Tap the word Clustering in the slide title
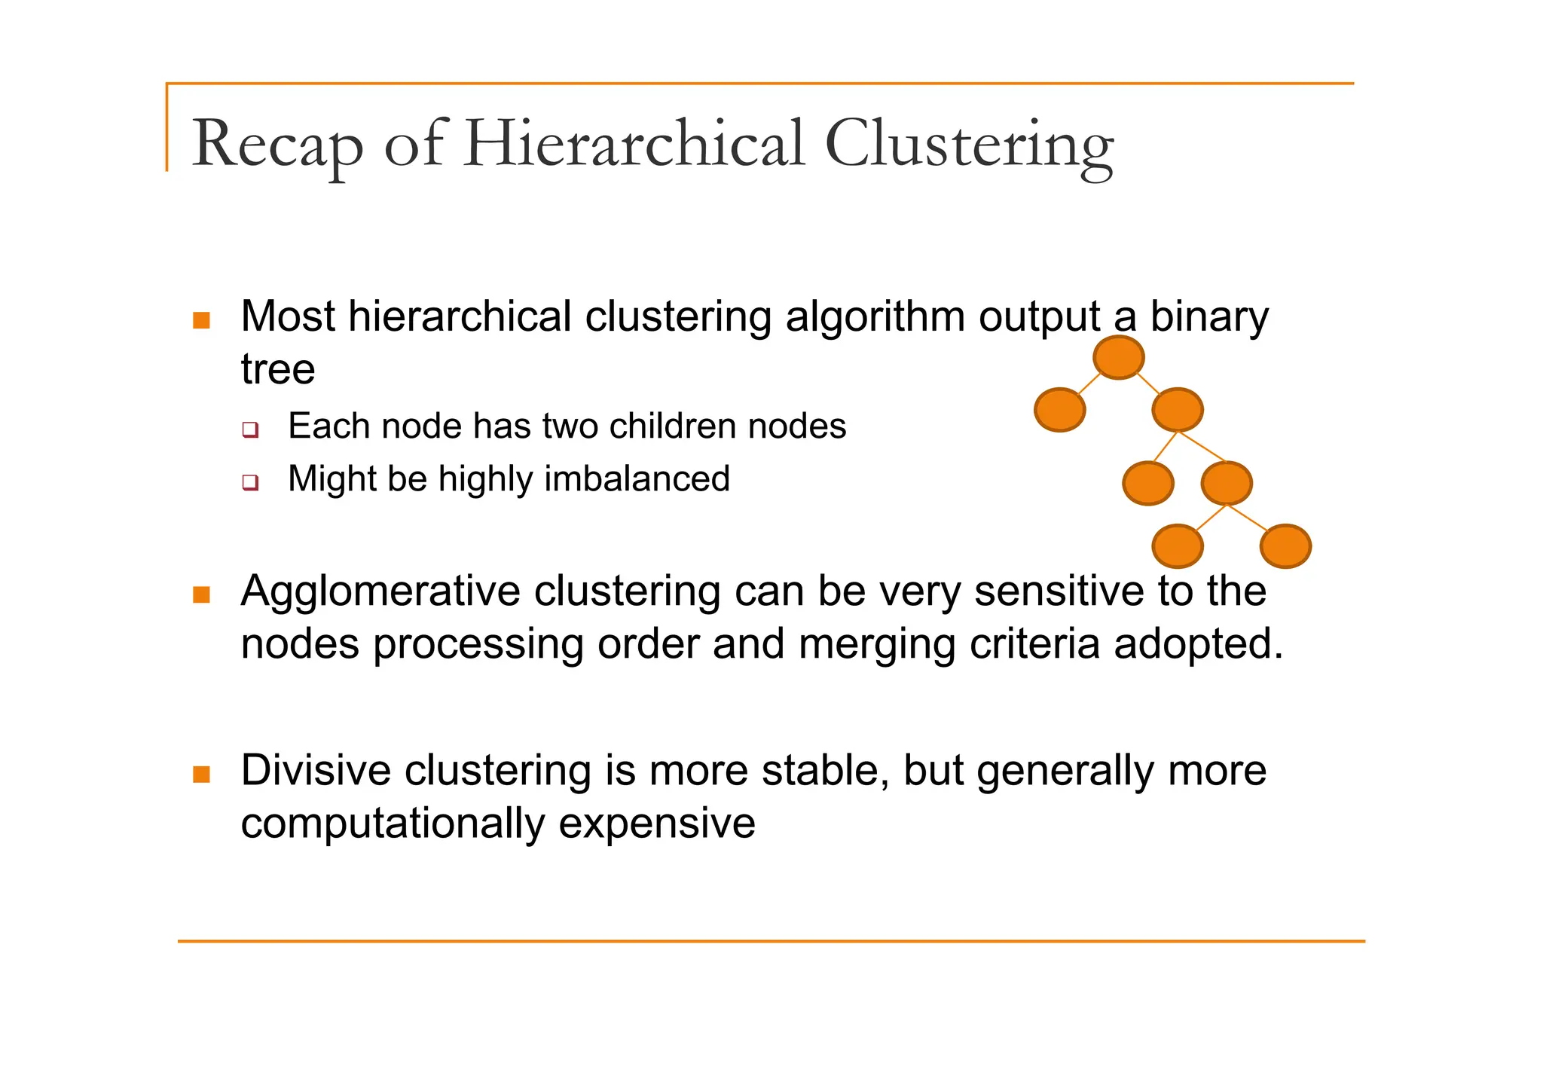click(968, 145)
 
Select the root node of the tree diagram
click(1118, 357)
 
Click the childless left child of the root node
click(1059, 410)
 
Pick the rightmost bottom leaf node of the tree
click(1285, 546)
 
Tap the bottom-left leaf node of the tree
click(1177, 546)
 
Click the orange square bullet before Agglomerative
click(201, 594)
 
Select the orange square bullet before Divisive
click(201, 774)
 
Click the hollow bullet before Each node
click(250, 430)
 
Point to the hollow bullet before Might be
click(250, 482)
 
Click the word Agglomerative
click(380, 591)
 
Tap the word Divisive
click(316, 771)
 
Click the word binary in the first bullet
click(1208, 317)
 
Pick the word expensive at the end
click(656, 824)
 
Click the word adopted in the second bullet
click(1197, 645)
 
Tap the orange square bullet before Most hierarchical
click(201, 320)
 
